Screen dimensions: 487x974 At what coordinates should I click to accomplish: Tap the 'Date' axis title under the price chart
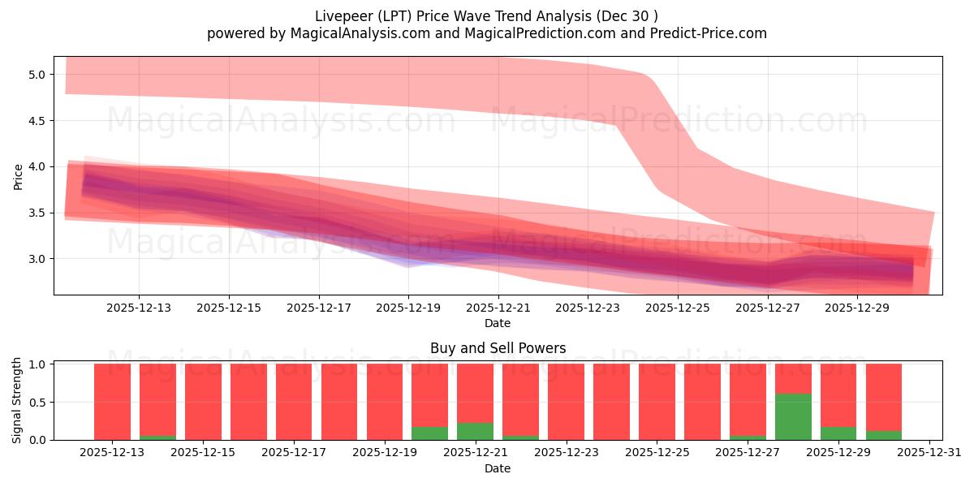(x=498, y=323)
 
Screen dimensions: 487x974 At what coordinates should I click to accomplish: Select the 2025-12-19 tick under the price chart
(x=408, y=308)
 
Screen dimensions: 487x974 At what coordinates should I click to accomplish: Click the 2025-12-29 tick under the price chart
(x=858, y=308)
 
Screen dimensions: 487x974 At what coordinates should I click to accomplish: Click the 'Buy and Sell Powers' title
(x=498, y=348)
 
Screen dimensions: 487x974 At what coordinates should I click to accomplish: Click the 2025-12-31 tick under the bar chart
(x=928, y=453)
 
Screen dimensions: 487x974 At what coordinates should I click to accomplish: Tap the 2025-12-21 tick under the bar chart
(x=475, y=453)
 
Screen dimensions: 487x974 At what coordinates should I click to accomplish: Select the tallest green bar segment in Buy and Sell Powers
(x=793, y=417)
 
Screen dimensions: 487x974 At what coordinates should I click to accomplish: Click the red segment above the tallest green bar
(x=793, y=378)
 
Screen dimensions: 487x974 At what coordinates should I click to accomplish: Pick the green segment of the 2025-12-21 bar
(x=475, y=432)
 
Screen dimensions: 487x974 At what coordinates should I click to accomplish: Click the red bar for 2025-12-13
(x=112, y=402)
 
